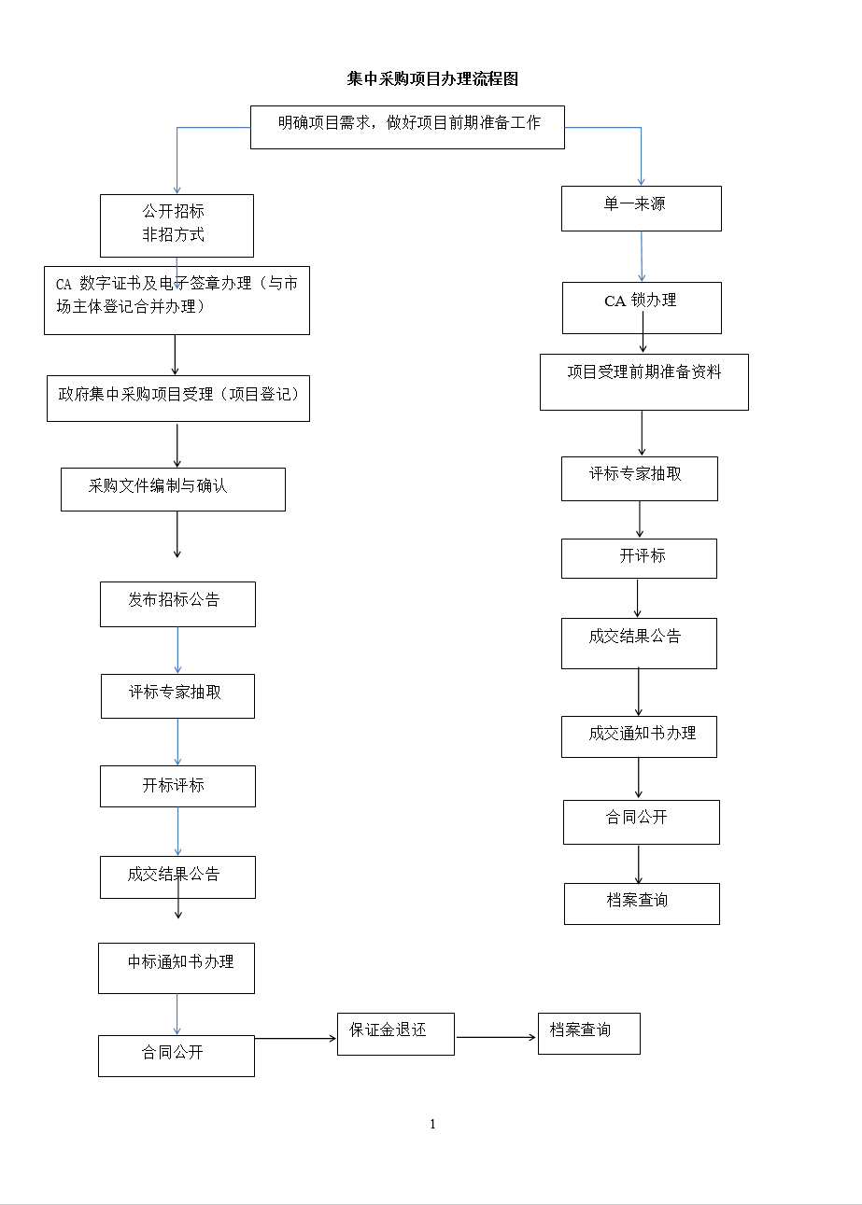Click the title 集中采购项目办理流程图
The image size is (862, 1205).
pos(432,79)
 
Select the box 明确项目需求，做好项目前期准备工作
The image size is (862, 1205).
pos(407,127)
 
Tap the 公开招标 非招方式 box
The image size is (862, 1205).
pos(177,225)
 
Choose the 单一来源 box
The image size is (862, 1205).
pos(642,209)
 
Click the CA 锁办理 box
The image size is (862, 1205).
pos(642,308)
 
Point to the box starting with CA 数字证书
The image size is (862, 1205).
pos(177,301)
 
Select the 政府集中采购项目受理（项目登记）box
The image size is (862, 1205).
pos(178,398)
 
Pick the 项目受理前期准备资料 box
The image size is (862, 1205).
pos(644,382)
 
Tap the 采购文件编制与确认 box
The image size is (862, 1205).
pos(173,489)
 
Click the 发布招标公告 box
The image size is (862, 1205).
pos(177,604)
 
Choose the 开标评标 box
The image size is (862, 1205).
pos(177,786)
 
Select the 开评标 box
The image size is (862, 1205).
pos(639,558)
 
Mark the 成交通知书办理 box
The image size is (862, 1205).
pos(639,736)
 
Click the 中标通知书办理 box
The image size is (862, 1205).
pos(177,968)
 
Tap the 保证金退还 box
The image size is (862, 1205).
pos(396,1034)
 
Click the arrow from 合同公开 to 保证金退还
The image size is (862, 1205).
pos(296,1038)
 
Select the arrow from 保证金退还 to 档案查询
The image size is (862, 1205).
pos(496,1037)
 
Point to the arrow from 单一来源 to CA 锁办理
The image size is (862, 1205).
pos(642,257)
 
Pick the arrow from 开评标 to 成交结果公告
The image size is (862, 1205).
pos(638,598)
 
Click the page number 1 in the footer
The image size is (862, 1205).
pos(432,1124)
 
